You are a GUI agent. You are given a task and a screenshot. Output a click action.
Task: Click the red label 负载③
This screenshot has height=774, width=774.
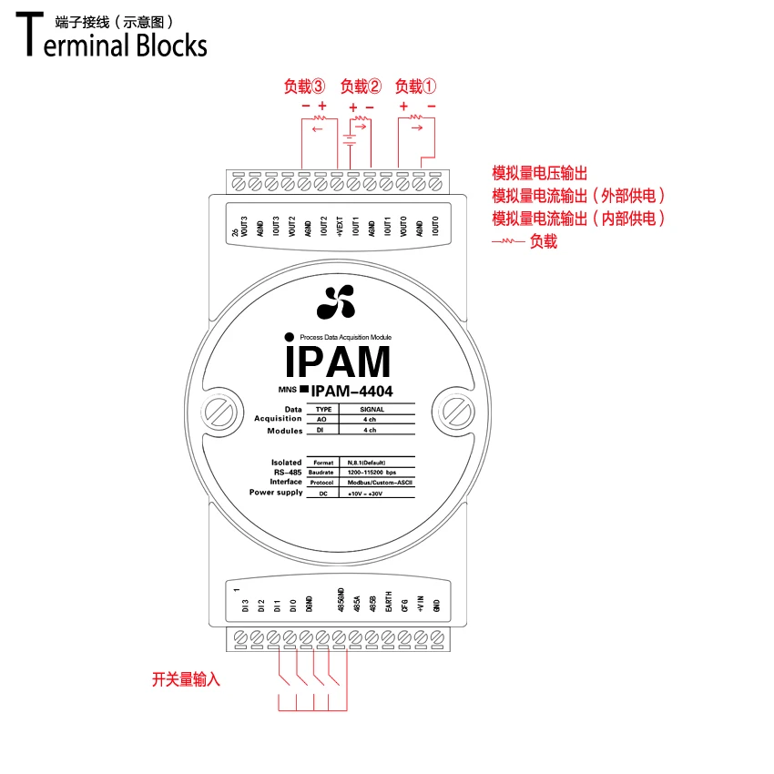304,87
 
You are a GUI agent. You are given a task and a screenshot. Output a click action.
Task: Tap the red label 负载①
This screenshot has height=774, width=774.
415,87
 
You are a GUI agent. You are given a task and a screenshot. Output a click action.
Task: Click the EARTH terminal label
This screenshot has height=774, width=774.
388,602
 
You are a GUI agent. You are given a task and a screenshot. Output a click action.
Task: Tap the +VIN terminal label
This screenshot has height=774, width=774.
420,602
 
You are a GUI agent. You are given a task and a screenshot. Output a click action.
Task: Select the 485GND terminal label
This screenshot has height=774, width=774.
341,602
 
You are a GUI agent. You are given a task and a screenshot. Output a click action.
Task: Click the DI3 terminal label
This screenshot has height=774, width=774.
244,605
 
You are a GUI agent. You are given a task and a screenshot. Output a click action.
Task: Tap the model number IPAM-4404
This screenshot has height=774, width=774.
353,392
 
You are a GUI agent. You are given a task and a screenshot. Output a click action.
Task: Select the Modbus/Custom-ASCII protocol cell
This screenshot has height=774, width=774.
376,483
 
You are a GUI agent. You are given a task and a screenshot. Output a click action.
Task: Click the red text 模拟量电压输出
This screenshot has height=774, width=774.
540,173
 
